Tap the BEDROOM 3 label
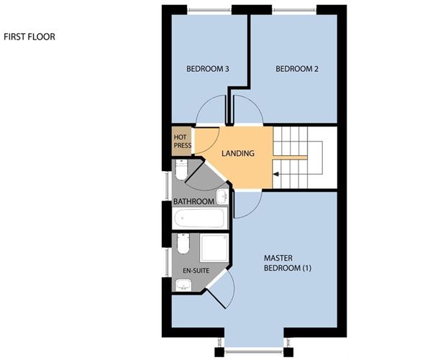(207, 70)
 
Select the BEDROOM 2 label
(296, 70)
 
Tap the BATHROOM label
(193, 201)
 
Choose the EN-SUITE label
(190, 271)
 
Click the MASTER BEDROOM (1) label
(285, 264)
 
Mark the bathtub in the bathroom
(199, 217)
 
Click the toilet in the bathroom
(182, 170)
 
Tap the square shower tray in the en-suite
(214, 248)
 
